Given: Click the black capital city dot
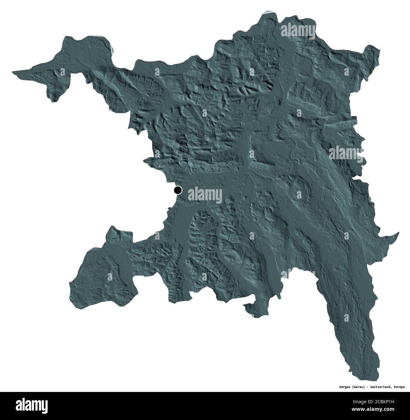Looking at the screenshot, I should click(178, 190).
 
